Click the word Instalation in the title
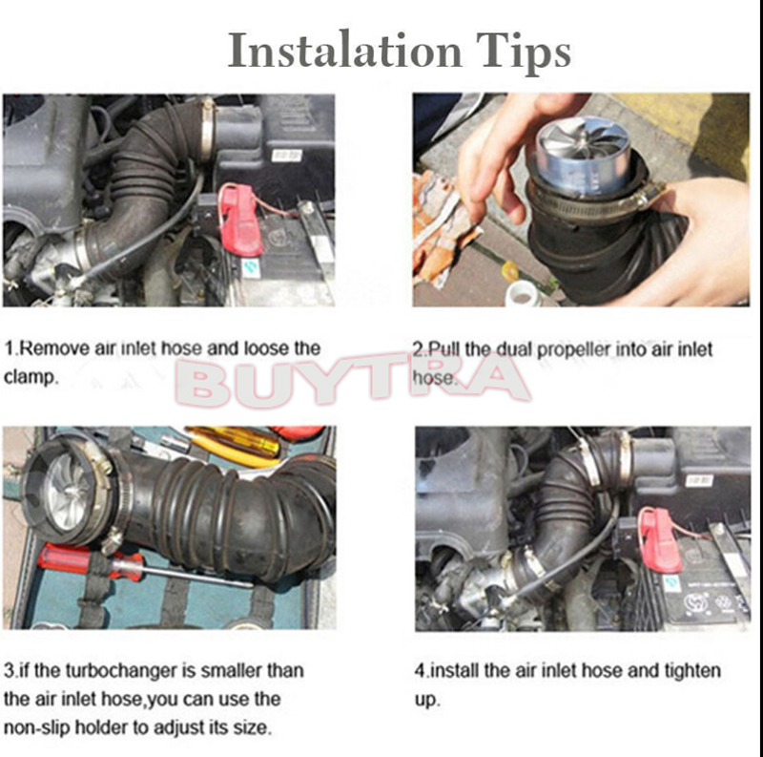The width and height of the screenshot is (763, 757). pyautogui.click(x=345, y=51)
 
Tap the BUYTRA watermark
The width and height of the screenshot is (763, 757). pyautogui.click(x=352, y=380)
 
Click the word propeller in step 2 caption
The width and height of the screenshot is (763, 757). pyautogui.click(x=574, y=350)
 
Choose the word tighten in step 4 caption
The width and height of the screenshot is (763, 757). pyautogui.click(x=692, y=671)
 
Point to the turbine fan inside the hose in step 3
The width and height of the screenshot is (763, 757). pyautogui.click(x=71, y=490)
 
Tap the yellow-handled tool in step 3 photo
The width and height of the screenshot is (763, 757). pyautogui.click(x=235, y=445)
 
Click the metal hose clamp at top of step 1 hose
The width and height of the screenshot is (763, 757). pyautogui.click(x=208, y=130)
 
